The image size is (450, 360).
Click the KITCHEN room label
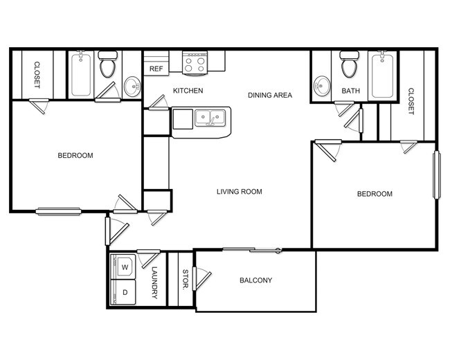coord(188,91)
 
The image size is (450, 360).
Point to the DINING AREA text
coord(271,95)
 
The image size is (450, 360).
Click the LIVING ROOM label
coord(239,192)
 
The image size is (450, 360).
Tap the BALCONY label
coord(255,280)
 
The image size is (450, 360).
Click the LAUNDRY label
coord(154,284)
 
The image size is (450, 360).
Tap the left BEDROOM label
coord(75,156)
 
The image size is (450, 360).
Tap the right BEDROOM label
coord(375,194)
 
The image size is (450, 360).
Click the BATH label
coord(351,91)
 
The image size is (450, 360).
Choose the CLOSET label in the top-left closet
coord(36,75)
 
